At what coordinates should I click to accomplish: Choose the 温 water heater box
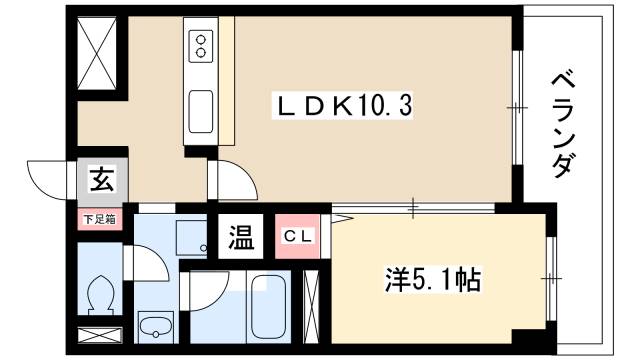242,239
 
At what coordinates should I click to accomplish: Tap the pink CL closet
299,239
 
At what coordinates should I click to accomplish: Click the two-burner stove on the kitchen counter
201,46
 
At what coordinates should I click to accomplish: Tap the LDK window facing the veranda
518,105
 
